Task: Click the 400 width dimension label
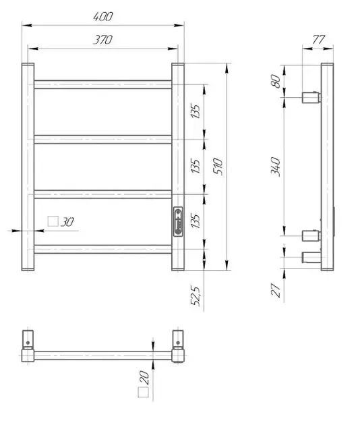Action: [x=103, y=17]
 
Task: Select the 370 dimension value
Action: [x=102, y=40]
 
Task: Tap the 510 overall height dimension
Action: [x=218, y=166]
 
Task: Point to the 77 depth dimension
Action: [x=318, y=40]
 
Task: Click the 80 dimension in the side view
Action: [x=276, y=81]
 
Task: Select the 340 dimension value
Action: [x=276, y=167]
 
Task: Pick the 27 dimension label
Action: [x=276, y=290]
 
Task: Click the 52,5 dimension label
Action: [x=196, y=296]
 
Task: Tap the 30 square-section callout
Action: [x=61, y=222]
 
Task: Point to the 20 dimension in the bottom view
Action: [x=145, y=378]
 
